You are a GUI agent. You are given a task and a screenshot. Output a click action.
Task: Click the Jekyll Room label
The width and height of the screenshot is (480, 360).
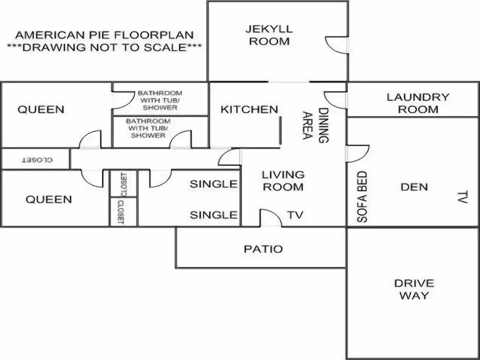click(269, 35)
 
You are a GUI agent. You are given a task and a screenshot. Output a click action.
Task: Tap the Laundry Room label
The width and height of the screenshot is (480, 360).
click(418, 103)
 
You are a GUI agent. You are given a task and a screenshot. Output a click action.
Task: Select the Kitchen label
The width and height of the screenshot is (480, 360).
click(249, 109)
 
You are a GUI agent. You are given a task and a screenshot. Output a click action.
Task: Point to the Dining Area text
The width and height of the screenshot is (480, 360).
click(315, 125)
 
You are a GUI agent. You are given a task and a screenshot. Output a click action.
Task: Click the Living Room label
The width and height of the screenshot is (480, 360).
click(283, 180)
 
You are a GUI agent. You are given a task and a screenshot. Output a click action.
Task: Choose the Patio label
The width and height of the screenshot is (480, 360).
click(263, 249)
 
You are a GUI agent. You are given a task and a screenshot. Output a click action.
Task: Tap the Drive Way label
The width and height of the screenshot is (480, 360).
click(414, 289)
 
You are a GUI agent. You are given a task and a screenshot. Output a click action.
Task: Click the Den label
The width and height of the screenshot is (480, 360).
click(414, 187)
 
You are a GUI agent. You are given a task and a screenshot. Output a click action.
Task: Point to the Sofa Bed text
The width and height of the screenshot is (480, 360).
click(362, 196)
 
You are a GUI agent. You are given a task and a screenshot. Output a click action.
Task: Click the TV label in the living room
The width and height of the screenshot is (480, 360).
click(295, 215)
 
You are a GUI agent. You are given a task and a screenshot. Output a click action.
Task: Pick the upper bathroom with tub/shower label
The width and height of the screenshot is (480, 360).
click(160, 100)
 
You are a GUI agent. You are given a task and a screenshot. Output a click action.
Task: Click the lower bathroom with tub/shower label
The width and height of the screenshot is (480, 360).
click(148, 128)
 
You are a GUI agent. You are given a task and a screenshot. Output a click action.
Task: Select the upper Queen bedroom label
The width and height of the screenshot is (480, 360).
click(41, 109)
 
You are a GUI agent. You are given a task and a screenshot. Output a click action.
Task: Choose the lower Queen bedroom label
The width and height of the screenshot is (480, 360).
click(49, 199)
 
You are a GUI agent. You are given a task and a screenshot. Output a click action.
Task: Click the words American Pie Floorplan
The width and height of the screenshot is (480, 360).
click(104, 35)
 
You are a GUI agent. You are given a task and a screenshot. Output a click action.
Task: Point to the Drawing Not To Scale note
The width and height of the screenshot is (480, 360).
click(104, 48)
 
